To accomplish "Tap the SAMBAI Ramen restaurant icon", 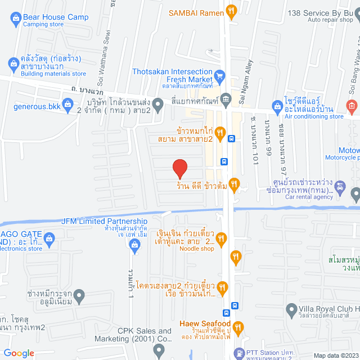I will pos(231,10).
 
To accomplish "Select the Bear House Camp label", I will pos(56,17).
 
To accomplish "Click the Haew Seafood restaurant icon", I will pos(238,326).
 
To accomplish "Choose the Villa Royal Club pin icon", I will pos(291,309).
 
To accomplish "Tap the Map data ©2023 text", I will pos(335,355).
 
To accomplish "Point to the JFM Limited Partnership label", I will pos(104,221).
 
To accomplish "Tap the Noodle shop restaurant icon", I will pos(222,238).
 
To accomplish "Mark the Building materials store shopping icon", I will pos(12,62).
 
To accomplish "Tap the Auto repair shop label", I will pos(330,20).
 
